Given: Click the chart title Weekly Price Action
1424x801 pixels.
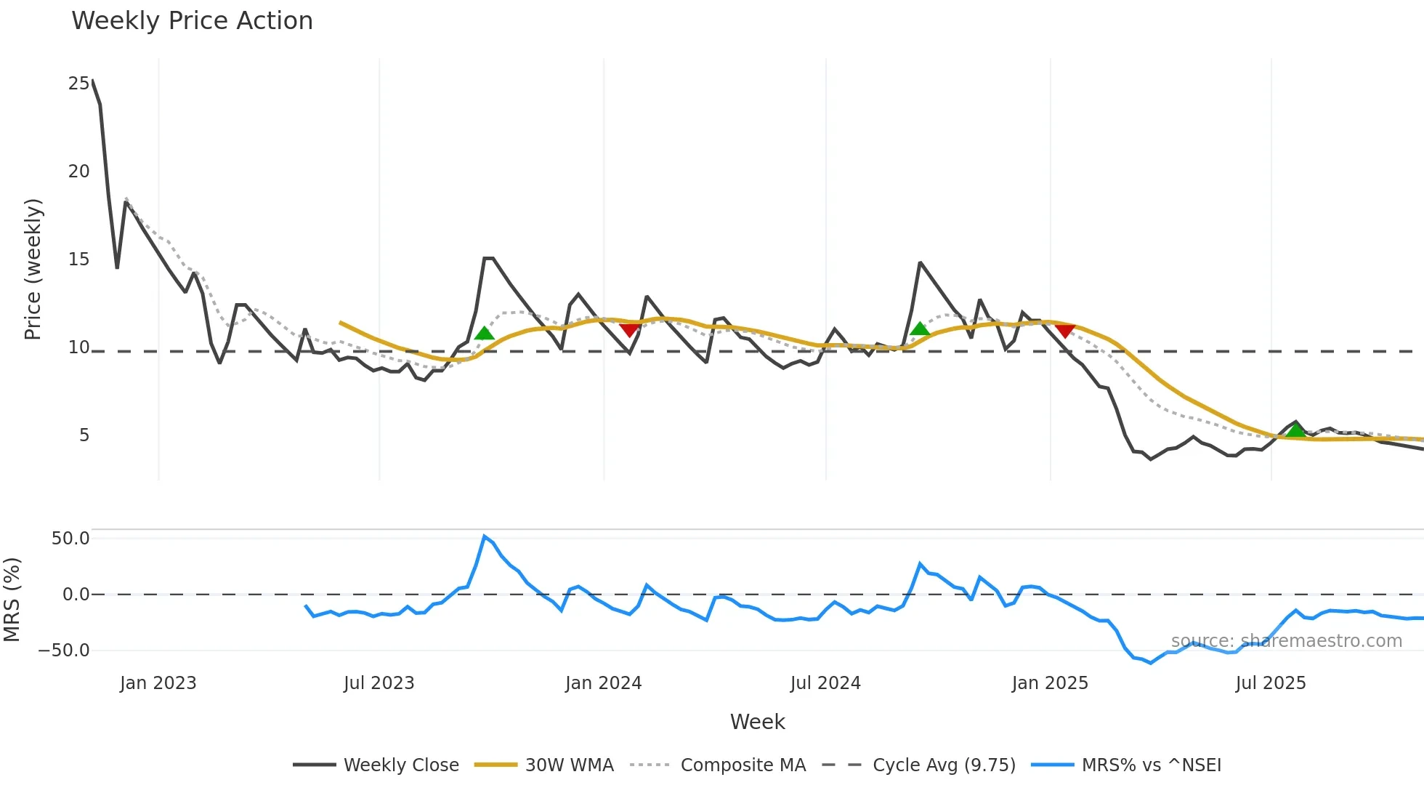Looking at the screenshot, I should pyautogui.click(x=192, y=20).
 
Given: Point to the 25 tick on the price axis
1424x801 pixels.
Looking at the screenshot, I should pyautogui.click(x=78, y=84).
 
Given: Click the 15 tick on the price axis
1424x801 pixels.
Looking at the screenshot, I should pyautogui.click(x=78, y=259).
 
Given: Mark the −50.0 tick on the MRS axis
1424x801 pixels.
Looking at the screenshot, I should pyautogui.click(x=64, y=651).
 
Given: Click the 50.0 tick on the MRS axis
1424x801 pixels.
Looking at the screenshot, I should pyautogui.click(x=70, y=539).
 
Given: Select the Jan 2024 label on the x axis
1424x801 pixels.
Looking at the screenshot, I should pyautogui.click(x=603, y=683).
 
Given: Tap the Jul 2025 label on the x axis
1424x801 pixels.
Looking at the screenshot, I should pyautogui.click(x=1270, y=683).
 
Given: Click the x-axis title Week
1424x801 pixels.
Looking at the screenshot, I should pyautogui.click(x=757, y=722).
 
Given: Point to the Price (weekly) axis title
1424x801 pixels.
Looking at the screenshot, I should pyautogui.click(x=33, y=269).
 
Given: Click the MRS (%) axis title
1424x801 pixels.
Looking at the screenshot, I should pyautogui.click(x=12, y=600).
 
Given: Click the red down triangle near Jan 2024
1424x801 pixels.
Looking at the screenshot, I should pyautogui.click(x=629, y=330).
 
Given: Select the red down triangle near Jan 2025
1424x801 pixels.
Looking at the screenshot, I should pyautogui.click(x=1065, y=331).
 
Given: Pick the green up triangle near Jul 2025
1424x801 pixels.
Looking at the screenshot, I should pyautogui.click(x=1295, y=430).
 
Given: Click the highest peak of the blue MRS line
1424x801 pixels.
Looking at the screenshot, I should pyautogui.click(x=485, y=536).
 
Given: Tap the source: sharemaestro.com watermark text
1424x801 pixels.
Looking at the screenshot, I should pyautogui.click(x=1286, y=641).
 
